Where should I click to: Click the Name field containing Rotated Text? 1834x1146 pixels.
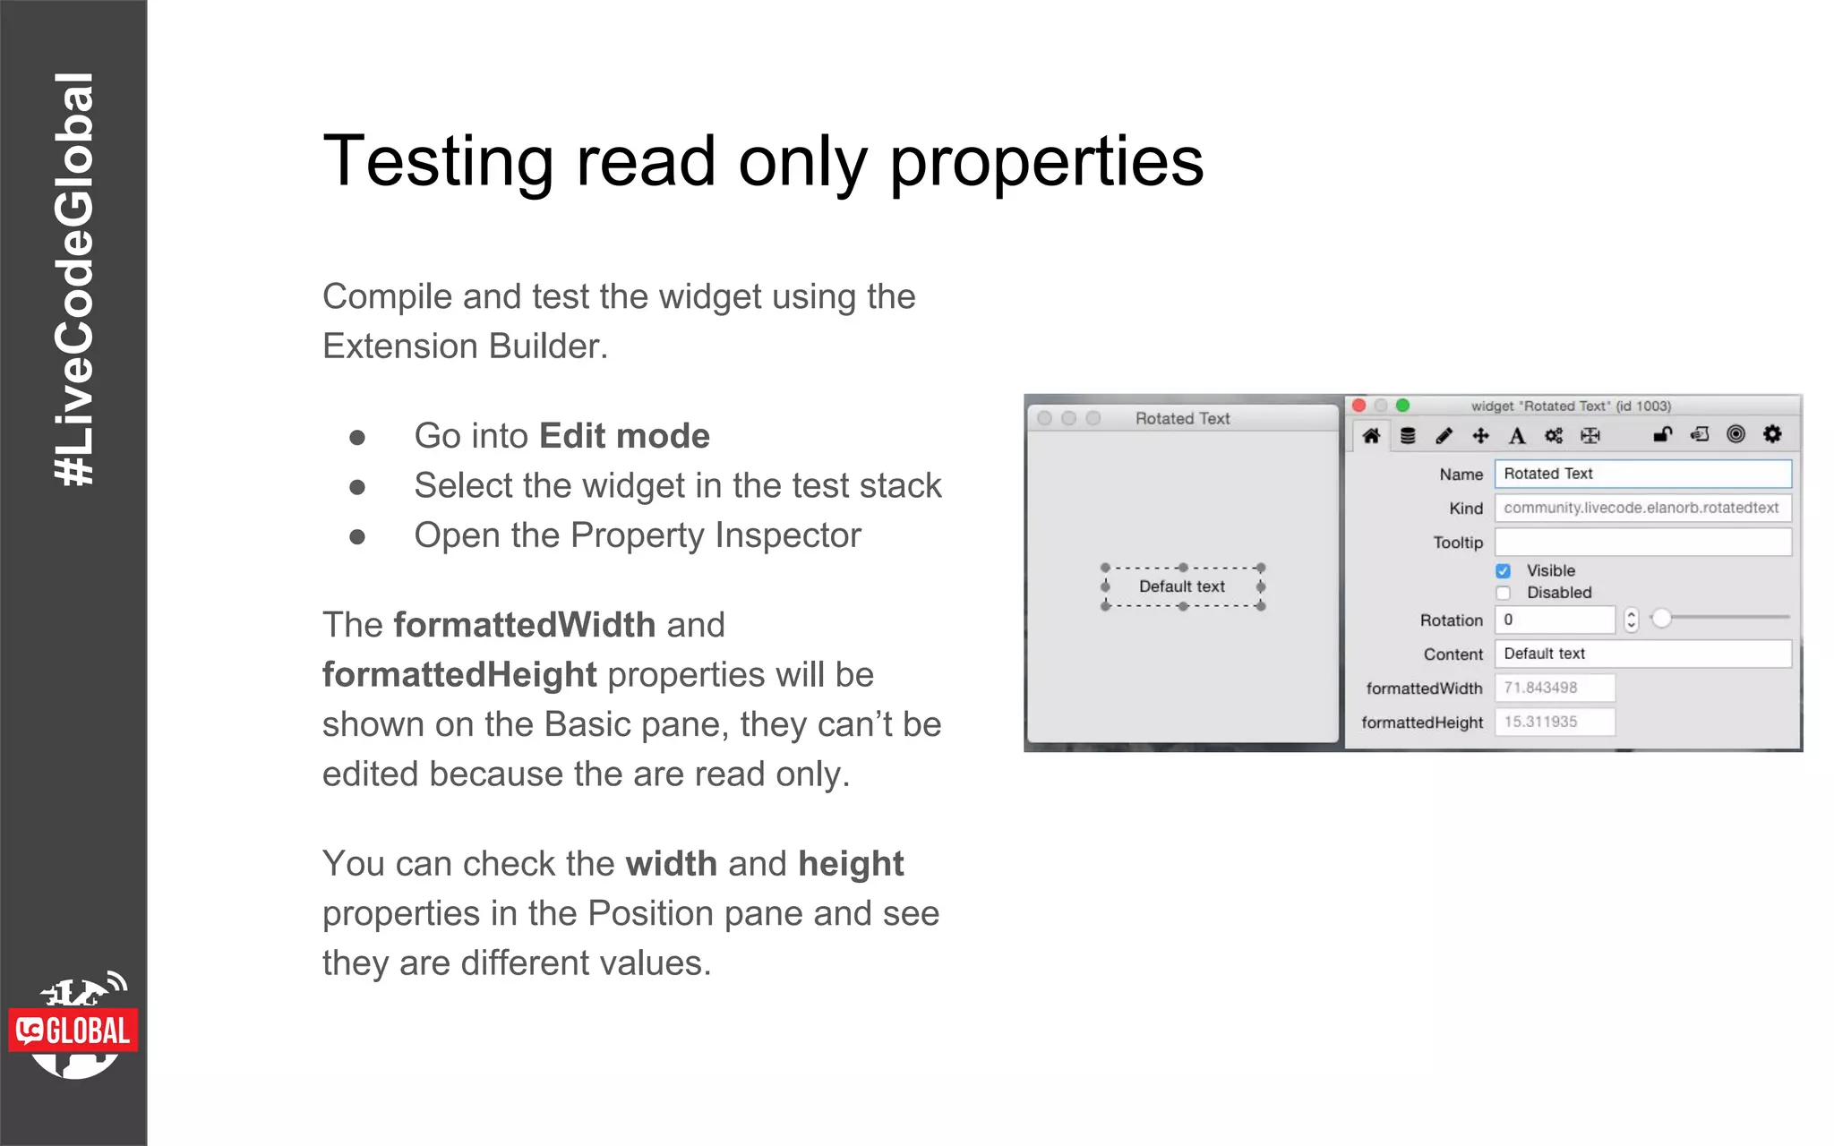click(1642, 474)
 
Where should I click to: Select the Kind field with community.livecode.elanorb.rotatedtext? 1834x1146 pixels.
click(1642, 508)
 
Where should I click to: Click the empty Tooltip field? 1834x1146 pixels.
click(1642, 542)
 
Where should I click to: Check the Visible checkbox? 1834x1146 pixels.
click(1504, 571)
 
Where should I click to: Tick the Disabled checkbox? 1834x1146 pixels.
click(1504, 593)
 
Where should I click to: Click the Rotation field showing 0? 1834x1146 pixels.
click(1555, 620)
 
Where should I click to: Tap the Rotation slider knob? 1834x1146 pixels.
click(1661, 619)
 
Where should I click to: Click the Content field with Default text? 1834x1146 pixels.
click(1642, 654)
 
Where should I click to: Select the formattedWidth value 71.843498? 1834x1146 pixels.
click(1555, 688)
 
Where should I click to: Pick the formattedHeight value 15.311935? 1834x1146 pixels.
click(1555, 722)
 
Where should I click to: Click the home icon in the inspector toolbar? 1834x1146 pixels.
click(1371, 436)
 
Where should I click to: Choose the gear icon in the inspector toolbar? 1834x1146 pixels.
click(1772, 434)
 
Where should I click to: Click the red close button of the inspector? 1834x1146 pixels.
click(1359, 406)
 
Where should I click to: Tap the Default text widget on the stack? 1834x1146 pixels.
click(1182, 586)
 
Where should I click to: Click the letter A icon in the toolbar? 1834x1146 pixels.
click(1517, 436)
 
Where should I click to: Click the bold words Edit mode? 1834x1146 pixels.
click(624, 436)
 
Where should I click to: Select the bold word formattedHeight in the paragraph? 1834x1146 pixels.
click(459, 675)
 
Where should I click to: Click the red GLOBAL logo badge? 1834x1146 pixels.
click(73, 1031)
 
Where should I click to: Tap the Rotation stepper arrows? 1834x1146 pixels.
click(1631, 620)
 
